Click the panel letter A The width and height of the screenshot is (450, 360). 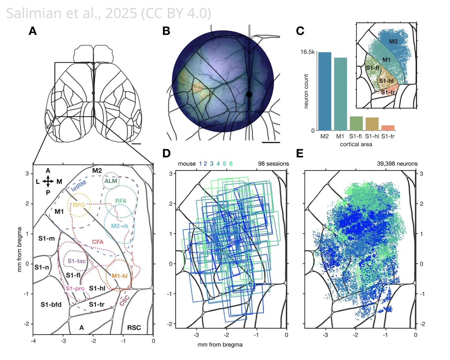point(33,31)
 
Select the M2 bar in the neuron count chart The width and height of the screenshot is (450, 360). point(325,91)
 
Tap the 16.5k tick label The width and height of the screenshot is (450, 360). point(307,52)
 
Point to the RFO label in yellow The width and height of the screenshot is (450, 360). point(79,205)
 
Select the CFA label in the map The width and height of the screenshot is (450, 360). point(98,242)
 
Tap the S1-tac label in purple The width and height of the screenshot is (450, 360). point(76,261)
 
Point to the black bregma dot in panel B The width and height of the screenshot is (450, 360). point(249,94)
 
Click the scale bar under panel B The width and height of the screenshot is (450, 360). point(271,142)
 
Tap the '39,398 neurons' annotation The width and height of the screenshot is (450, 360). point(397,163)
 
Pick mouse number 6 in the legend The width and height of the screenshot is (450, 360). point(231,163)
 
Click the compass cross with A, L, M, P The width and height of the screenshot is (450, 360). point(48,181)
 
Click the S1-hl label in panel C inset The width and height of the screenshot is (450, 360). point(386,81)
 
